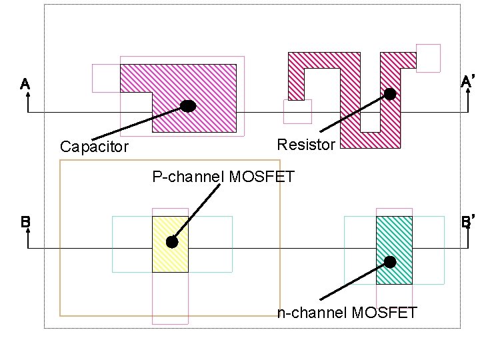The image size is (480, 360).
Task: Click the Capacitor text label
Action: pos(94,147)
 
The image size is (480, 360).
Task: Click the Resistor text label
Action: pos(305,145)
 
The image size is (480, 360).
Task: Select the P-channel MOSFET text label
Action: pos(223,177)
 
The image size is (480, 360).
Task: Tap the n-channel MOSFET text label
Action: pos(347,312)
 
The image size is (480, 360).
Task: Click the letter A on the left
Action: pos(25,85)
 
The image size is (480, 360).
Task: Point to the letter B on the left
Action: pos(25,222)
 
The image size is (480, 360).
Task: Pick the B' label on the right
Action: pos(468,221)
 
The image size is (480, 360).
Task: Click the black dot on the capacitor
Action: pos(188,106)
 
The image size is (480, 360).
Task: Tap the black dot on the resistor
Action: pos(390,95)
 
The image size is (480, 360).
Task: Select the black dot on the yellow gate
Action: pos(172,243)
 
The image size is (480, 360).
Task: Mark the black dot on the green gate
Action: pos(390,262)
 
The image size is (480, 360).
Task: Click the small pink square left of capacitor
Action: pos(105,78)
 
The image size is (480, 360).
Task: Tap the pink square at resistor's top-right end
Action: pos(428,57)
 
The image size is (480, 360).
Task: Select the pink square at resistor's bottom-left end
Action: pos(297,111)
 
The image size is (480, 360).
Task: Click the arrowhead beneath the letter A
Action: pos(28,97)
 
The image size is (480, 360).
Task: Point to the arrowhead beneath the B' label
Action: pos(469,233)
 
